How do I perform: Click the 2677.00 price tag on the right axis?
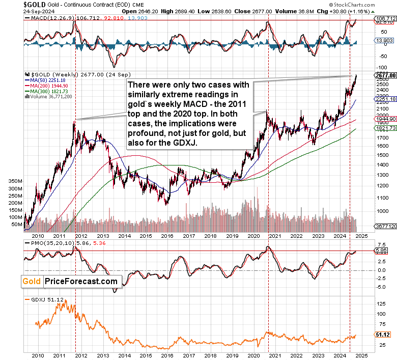385,75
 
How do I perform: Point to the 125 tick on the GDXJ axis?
380,303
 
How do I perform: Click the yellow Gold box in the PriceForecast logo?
32,281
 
